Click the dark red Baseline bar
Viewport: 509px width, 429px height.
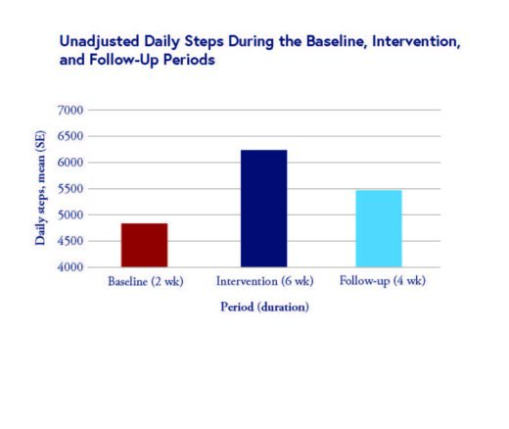coord(144,245)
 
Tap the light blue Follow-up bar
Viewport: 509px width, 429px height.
coord(378,228)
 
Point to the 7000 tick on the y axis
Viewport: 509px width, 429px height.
coord(70,110)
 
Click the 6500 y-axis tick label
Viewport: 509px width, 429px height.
coord(70,136)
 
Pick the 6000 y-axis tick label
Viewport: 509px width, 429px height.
coord(70,163)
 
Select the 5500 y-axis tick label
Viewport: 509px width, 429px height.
coord(70,189)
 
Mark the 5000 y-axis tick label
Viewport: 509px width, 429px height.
coord(70,214)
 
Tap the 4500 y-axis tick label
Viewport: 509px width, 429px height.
coord(70,241)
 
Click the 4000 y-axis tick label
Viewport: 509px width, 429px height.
coord(70,267)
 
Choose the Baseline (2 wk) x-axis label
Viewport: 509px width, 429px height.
coord(145,283)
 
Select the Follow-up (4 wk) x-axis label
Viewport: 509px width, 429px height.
coord(378,283)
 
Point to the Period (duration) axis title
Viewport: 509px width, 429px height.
coord(262,307)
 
